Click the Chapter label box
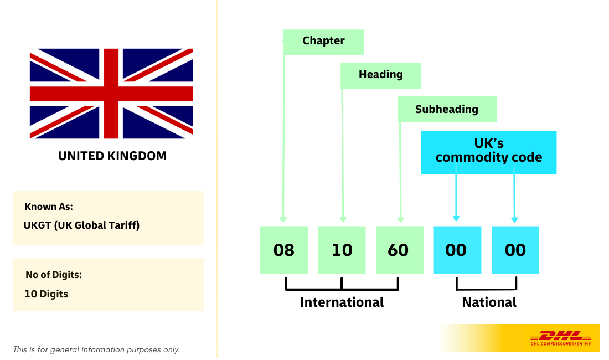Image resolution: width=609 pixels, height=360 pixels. click(323, 42)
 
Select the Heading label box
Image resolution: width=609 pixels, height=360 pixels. click(381, 76)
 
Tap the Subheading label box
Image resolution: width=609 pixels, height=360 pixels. click(447, 109)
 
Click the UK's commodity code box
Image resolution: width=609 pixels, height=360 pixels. click(489, 152)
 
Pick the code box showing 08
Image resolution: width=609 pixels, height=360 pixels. click(284, 250)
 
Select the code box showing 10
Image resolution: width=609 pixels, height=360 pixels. click(342, 250)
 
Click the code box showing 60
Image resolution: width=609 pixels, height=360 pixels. click(400, 250)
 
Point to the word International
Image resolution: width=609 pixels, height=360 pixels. click(342, 302)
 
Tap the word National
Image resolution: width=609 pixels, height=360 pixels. click(489, 302)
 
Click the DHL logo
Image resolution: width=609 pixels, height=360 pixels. click(561, 338)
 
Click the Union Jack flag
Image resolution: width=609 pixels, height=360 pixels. click(111, 94)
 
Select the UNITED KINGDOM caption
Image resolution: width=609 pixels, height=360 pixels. click(112, 156)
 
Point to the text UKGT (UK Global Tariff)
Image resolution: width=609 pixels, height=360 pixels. click(81, 225)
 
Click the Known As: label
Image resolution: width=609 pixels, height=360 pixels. click(49, 207)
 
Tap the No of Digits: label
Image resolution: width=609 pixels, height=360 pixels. click(54, 275)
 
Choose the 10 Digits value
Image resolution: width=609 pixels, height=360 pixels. click(46, 294)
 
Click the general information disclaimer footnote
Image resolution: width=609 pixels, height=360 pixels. click(96, 349)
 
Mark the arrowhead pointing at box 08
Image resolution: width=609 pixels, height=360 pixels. click(283, 220)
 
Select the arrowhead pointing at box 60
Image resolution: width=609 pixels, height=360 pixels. click(401, 220)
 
